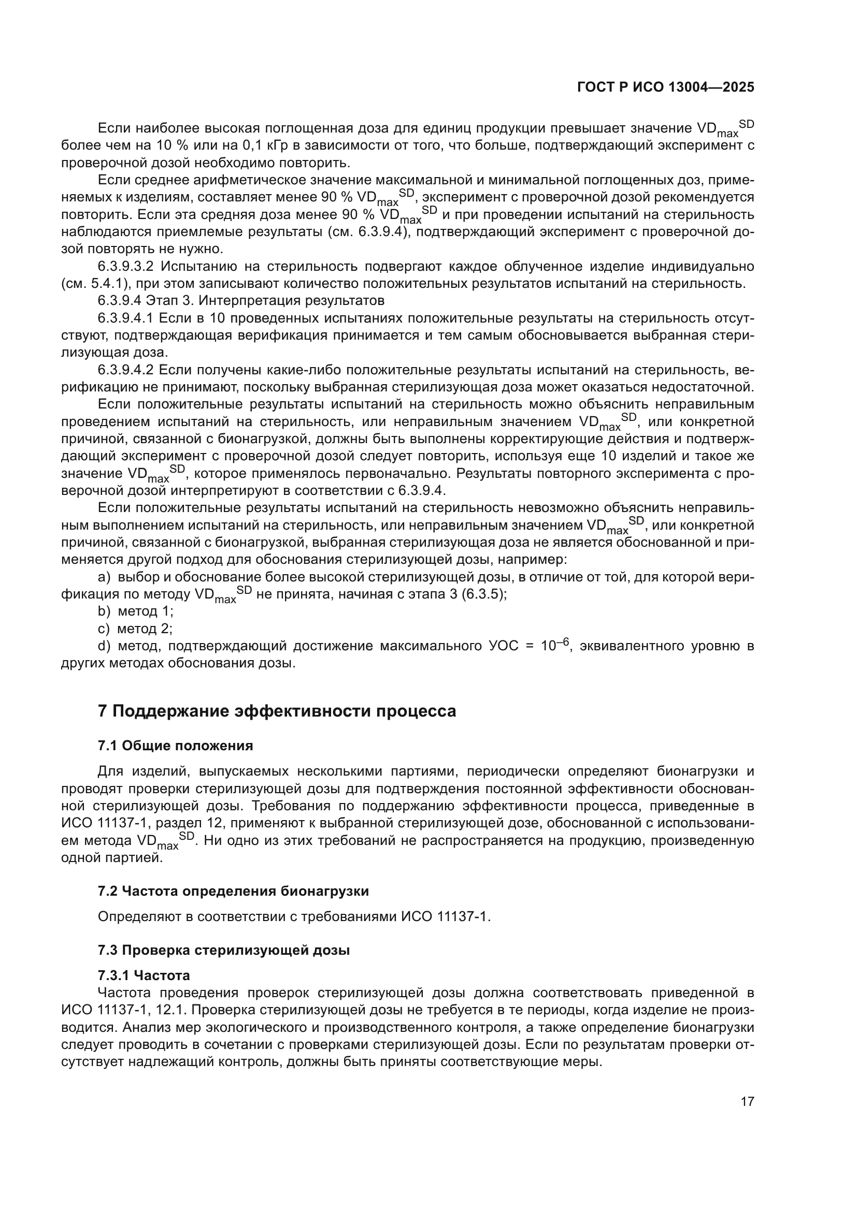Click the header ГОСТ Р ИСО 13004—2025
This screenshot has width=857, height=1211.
665,87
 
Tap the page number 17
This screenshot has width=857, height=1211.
747,1101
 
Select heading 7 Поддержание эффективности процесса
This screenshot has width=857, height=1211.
277,711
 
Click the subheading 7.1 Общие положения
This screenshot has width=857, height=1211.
175,746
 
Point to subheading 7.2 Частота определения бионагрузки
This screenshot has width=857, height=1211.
233,892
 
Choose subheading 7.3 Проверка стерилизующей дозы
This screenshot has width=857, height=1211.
224,951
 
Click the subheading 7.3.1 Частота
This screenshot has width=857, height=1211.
144,975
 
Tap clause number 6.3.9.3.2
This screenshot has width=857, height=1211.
125,266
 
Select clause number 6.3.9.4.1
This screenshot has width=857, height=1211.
125,318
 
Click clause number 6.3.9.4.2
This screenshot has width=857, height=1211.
125,370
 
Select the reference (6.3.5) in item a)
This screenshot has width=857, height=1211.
483,594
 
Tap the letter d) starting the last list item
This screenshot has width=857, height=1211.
104,646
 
